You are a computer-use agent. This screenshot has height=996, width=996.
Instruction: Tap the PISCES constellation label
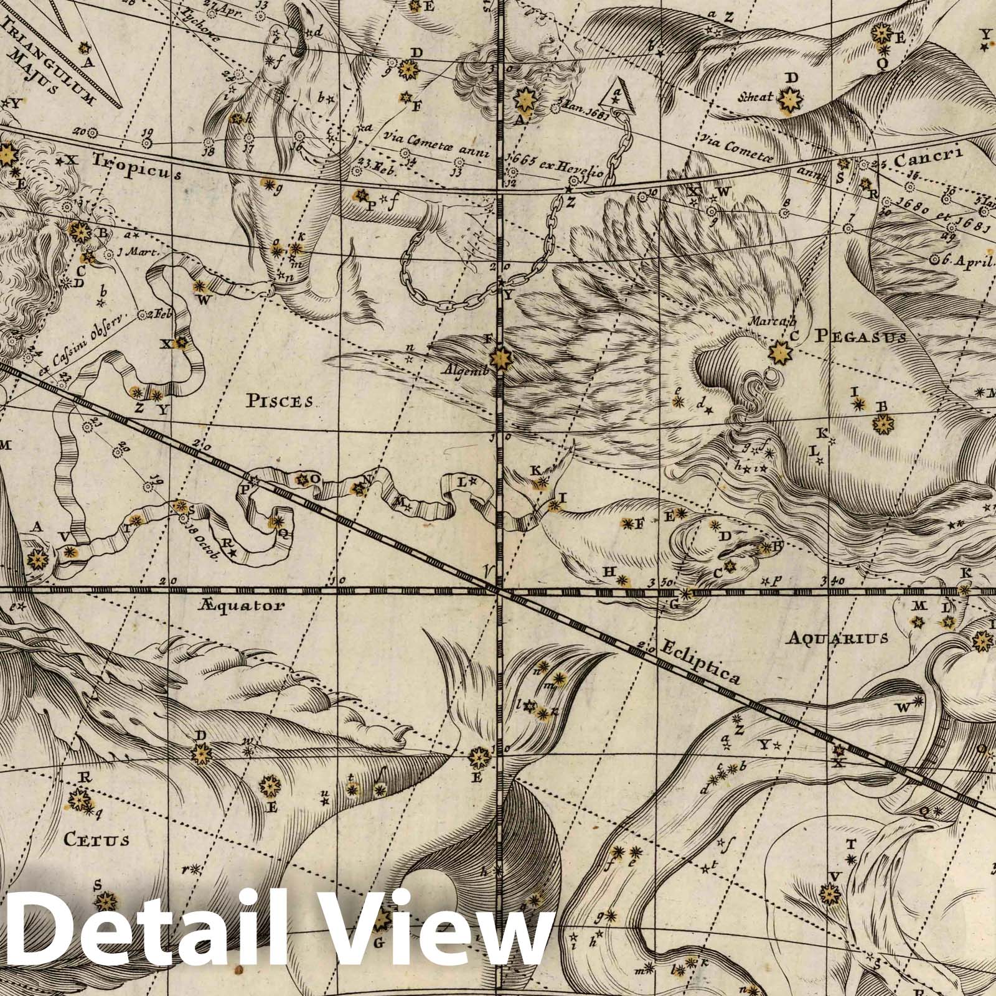point(280,400)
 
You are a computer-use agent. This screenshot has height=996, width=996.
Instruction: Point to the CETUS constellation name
point(96,840)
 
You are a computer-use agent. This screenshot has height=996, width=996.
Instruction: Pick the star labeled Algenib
point(499,358)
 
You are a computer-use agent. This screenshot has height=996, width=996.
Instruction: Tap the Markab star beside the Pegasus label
point(779,353)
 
